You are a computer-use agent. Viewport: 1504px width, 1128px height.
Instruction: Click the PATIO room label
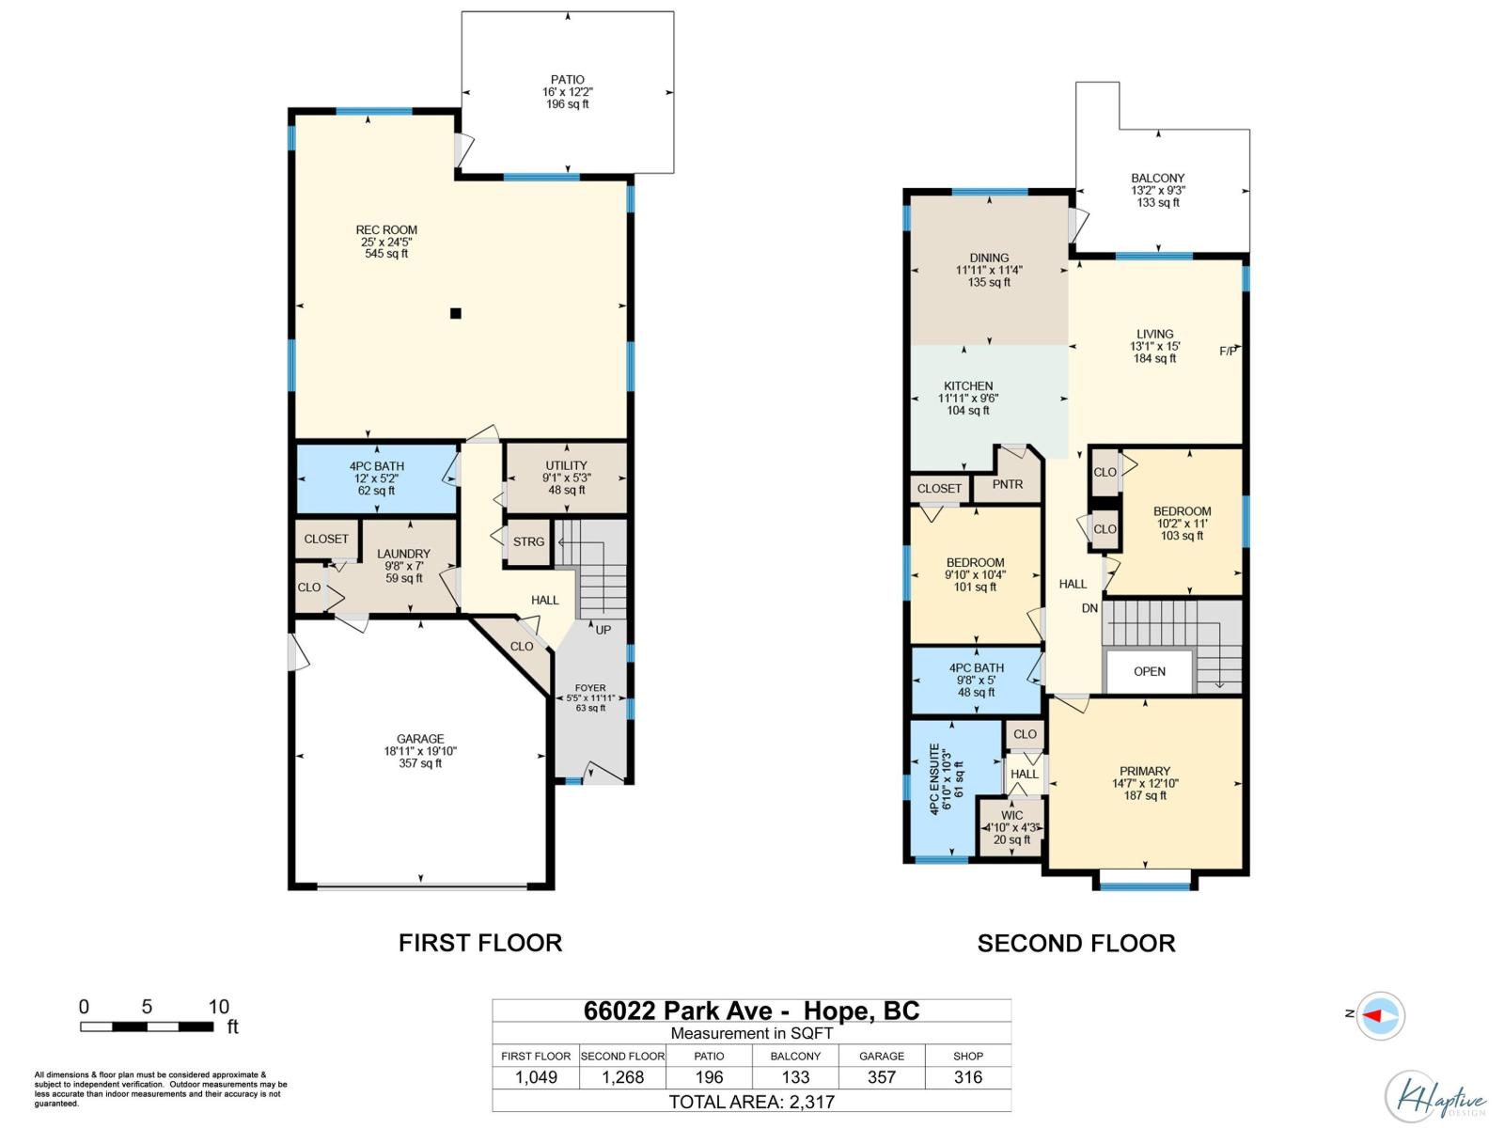(567, 80)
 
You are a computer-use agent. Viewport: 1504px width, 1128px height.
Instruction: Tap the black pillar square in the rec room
(456, 314)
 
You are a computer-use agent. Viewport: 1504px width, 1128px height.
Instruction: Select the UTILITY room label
(566, 465)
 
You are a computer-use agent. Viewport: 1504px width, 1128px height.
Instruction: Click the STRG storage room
(528, 542)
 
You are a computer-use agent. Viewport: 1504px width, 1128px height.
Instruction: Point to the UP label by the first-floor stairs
(603, 630)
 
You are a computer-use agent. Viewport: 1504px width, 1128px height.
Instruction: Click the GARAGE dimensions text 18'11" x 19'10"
(420, 751)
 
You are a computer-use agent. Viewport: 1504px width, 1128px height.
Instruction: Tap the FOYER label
(590, 688)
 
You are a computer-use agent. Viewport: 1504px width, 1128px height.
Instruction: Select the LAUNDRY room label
(403, 554)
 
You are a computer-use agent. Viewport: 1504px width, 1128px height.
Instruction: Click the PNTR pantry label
(1008, 484)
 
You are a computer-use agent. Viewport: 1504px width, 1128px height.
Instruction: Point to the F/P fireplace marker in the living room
(1228, 352)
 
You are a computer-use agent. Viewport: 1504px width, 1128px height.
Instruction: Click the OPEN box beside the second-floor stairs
(1149, 671)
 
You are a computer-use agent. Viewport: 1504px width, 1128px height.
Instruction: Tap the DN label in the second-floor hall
(1089, 608)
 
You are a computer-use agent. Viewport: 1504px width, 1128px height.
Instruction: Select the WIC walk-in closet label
(1012, 815)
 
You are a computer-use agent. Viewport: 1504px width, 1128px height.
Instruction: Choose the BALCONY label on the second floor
(1157, 178)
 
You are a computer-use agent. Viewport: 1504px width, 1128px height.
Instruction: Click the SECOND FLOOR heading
(1075, 943)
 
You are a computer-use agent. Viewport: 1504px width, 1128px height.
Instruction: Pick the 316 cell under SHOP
(967, 1077)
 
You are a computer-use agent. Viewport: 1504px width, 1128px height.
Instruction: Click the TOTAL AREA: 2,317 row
(751, 1102)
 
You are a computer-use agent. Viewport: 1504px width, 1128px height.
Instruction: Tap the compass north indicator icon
(1380, 1015)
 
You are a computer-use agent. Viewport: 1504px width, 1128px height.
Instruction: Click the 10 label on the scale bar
(218, 1007)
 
